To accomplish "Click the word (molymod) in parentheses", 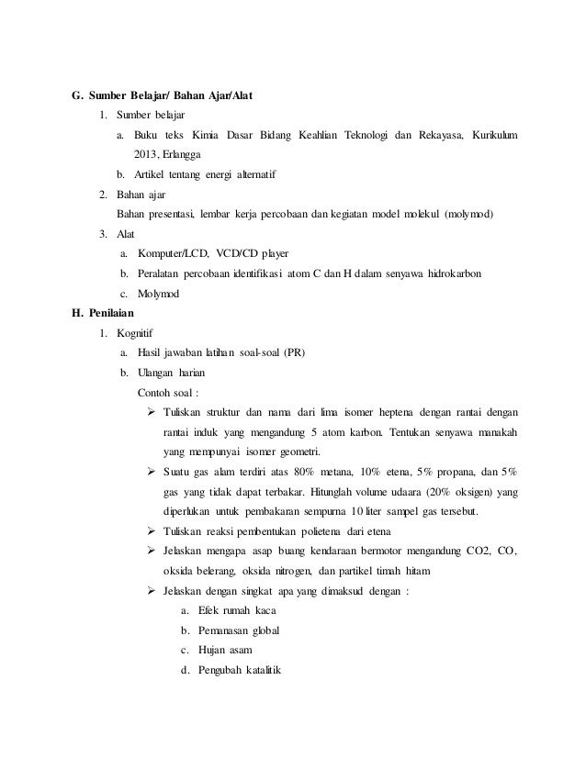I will pyautogui.click(x=468, y=214).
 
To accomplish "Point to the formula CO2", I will pyautogui.click(x=479, y=551).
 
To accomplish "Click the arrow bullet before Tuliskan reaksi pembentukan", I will pyautogui.click(x=152, y=531).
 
